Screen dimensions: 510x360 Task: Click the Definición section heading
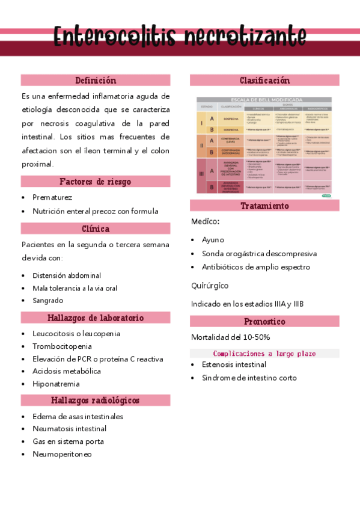tap(96, 80)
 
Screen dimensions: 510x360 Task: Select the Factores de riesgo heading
tap(96, 182)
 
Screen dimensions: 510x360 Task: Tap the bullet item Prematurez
tap(52, 197)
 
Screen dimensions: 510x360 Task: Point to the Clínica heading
tap(96, 229)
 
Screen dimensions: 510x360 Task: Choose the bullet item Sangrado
tap(48, 300)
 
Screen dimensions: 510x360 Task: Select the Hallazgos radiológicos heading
tap(96, 400)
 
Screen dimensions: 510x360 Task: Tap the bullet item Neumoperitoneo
tap(63, 454)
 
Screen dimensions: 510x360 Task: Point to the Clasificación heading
tap(264, 80)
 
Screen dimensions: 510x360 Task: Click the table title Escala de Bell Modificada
tap(264, 99)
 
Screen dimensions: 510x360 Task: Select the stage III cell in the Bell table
tap(201, 174)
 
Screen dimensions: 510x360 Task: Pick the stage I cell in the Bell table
tap(201, 123)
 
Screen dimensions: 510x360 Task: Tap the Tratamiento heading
tap(264, 206)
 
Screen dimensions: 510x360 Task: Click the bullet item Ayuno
tap(213, 239)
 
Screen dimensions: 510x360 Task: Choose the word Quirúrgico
tap(210, 286)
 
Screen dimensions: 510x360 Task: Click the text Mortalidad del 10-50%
tap(230, 337)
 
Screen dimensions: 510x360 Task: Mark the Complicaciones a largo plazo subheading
tap(264, 354)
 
